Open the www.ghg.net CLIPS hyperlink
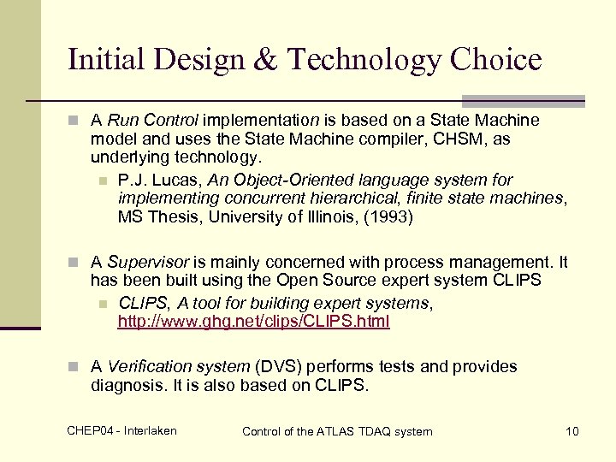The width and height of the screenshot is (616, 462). pos(253,322)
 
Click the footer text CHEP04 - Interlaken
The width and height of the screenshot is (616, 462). pos(121,430)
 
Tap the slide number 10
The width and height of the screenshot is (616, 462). pos(572,431)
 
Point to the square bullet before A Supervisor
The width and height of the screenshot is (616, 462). pos(76,263)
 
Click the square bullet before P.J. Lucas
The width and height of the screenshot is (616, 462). pos(103,181)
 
